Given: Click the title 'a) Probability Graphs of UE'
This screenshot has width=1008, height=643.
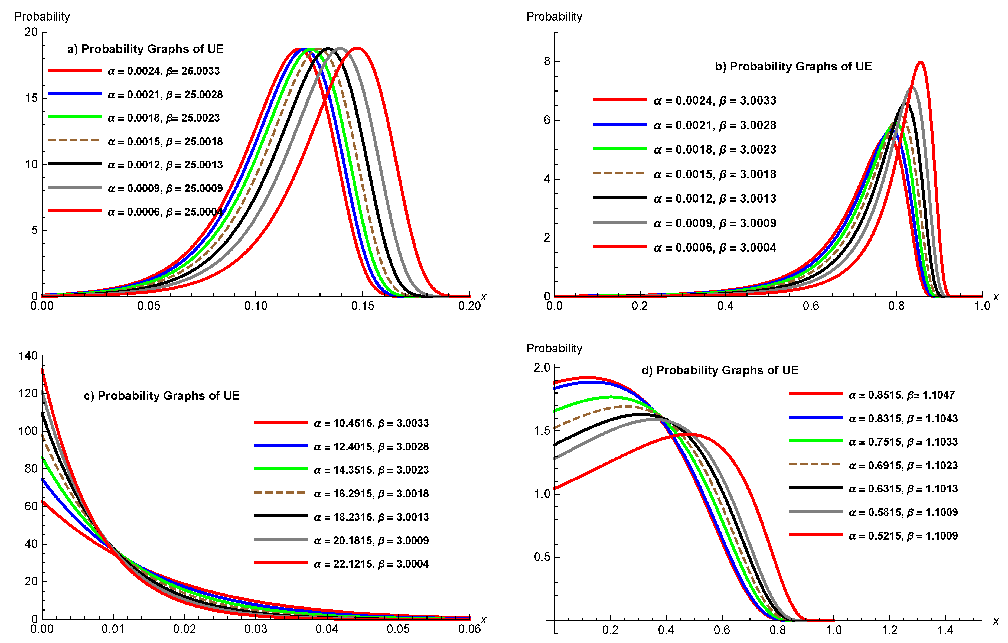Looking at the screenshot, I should tap(145, 49).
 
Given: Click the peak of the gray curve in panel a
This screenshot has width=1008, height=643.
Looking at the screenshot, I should tap(340, 48).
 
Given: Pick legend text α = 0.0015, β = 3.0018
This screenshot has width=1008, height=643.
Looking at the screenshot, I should tap(715, 174).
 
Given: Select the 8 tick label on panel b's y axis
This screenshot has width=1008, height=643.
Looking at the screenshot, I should tap(547, 61).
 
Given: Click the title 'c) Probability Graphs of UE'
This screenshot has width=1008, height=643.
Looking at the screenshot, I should tap(162, 396).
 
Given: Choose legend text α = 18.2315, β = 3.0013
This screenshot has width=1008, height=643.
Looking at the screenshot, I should tap(371, 517).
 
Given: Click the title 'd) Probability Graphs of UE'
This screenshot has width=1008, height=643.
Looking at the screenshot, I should tap(720, 370).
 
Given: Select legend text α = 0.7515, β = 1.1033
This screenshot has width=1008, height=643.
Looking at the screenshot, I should tap(903, 442).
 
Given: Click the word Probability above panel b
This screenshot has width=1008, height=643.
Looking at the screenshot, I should tap(554, 17).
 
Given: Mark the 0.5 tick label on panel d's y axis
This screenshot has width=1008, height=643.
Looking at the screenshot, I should tap(542, 557).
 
